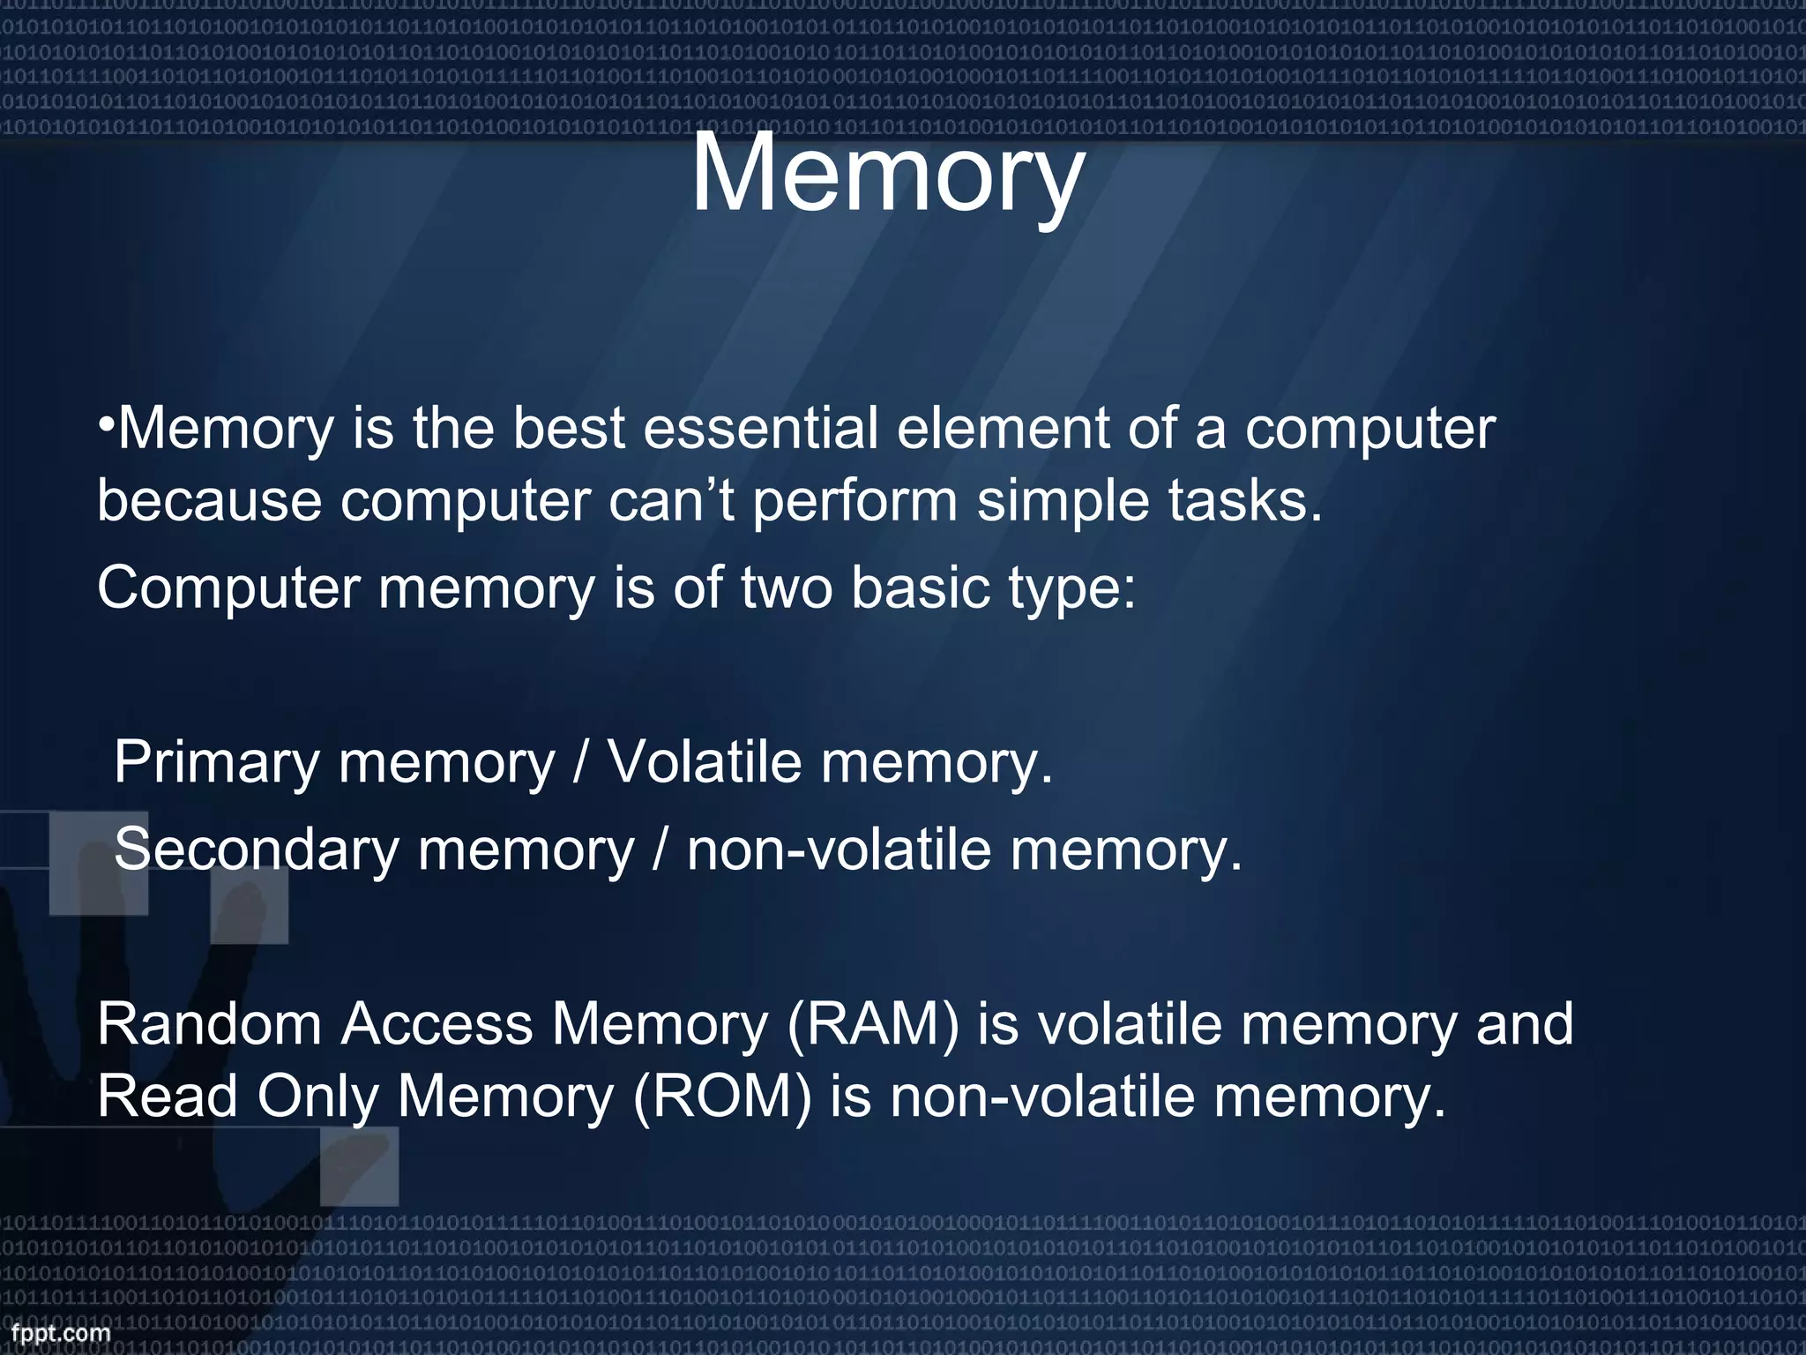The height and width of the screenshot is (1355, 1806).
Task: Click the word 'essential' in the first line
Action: click(x=760, y=429)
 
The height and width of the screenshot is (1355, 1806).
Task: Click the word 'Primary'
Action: click(x=216, y=764)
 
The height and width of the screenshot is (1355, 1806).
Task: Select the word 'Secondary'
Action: click(x=257, y=850)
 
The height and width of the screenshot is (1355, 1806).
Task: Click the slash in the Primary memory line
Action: click(x=579, y=764)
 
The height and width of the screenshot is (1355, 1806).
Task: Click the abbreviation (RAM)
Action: click(x=872, y=1025)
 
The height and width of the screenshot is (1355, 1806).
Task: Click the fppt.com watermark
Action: click(x=61, y=1333)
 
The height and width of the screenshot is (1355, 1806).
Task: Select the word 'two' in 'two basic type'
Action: click(x=786, y=588)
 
